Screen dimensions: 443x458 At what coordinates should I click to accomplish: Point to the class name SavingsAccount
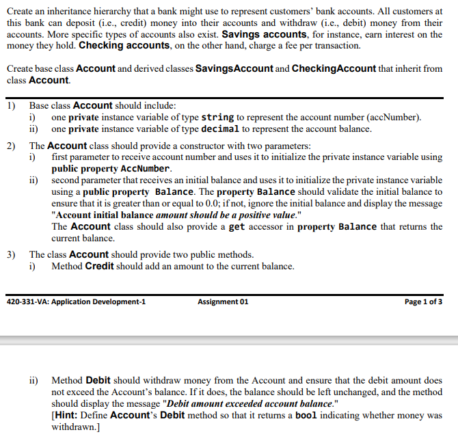(x=234, y=69)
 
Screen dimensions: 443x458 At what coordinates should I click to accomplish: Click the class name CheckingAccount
(x=334, y=69)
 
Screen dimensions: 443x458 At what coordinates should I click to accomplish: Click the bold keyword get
(x=237, y=227)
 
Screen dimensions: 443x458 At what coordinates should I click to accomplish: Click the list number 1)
(x=12, y=105)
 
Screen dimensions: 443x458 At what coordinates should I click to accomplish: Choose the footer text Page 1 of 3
(x=423, y=301)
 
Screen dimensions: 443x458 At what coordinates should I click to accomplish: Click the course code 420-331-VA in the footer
(x=27, y=301)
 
